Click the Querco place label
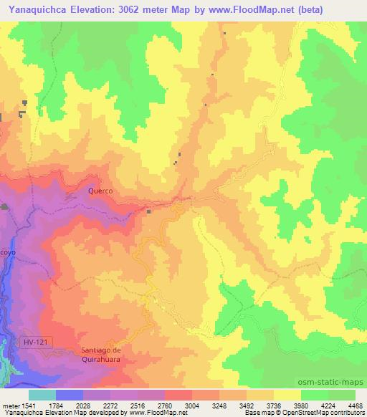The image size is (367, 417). pyautogui.click(x=101, y=191)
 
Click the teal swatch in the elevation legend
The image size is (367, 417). pyautogui.click(x=42, y=394)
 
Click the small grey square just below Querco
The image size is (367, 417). pyautogui.click(x=149, y=211)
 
